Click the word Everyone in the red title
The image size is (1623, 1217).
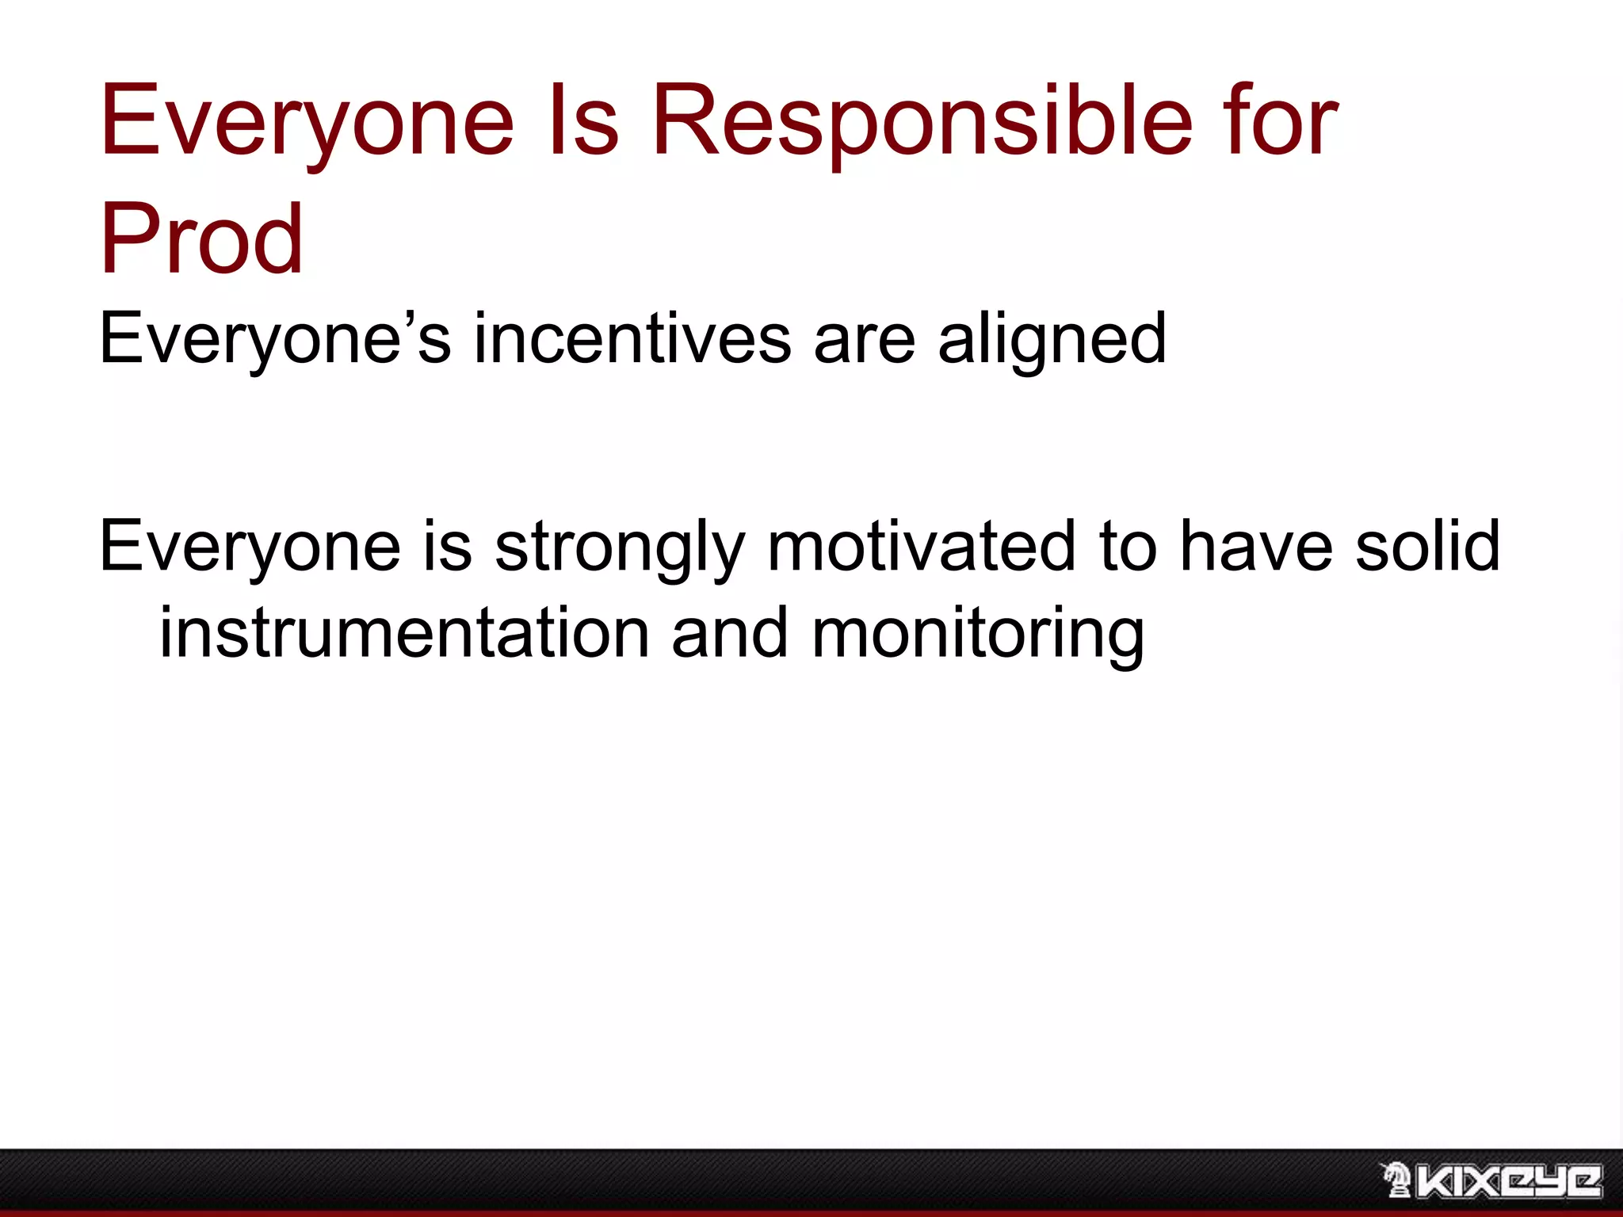(x=307, y=123)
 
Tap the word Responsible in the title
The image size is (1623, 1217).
(x=922, y=123)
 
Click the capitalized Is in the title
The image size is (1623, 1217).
(x=582, y=123)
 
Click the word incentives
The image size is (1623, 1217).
(x=632, y=339)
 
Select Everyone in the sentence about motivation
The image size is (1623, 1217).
(x=250, y=547)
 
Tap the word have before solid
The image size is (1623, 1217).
(x=1256, y=547)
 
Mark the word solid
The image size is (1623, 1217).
(x=1427, y=547)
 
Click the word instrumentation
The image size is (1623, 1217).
(x=405, y=634)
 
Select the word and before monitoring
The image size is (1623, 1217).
(x=730, y=634)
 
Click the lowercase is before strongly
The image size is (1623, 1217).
(x=448, y=547)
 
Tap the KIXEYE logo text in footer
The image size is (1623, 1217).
(x=1510, y=1181)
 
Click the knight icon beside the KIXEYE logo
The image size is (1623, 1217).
(x=1396, y=1179)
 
